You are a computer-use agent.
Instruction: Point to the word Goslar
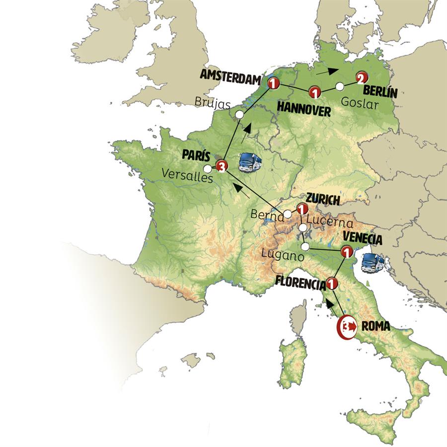(x=360, y=105)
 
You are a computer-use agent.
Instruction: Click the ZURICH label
(x=323, y=200)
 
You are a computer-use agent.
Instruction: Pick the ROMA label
(x=375, y=327)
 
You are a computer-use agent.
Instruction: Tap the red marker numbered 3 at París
(x=222, y=167)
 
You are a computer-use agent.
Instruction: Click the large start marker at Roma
(x=346, y=327)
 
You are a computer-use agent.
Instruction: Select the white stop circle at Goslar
(x=340, y=86)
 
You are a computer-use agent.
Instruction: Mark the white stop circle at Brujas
(x=239, y=115)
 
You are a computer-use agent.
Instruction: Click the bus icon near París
(x=250, y=162)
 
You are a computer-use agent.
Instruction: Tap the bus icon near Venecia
(x=373, y=262)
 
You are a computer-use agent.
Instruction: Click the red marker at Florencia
(x=332, y=285)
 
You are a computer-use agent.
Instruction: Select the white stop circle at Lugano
(x=305, y=246)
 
